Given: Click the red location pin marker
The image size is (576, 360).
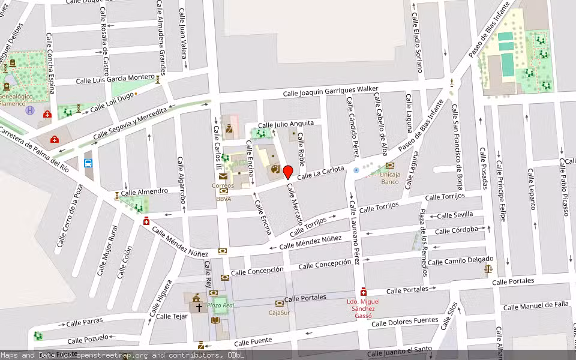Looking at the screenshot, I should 288,172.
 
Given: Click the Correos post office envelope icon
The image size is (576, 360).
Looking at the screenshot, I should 223,176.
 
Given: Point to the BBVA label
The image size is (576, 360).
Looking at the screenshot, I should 223,199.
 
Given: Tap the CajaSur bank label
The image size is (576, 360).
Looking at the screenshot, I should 279,312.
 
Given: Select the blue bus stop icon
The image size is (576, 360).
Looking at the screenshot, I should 89,163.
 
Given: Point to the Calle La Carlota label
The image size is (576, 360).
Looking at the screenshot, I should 321,173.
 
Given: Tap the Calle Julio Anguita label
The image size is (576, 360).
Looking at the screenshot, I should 286,124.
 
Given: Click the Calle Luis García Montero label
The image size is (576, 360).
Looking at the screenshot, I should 115,79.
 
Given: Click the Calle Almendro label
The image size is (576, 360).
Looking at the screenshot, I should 145,191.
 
